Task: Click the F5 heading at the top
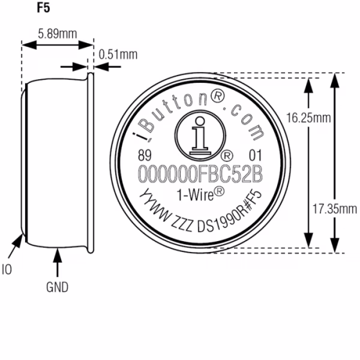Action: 43,8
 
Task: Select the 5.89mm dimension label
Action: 58,34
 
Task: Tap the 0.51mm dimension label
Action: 118,55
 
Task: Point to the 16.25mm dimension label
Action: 308,118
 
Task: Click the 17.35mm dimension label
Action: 335,209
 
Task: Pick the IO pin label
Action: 7,269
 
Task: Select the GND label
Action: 57,287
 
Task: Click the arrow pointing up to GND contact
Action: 58,262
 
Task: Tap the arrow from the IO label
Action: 16,246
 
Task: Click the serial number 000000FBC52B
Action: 200,174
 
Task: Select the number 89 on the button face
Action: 145,155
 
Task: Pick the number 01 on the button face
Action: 256,155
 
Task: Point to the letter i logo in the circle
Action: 200,136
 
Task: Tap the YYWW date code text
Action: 155,205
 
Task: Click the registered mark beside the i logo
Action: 227,156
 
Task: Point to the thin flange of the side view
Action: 91,163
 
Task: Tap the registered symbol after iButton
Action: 218,97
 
